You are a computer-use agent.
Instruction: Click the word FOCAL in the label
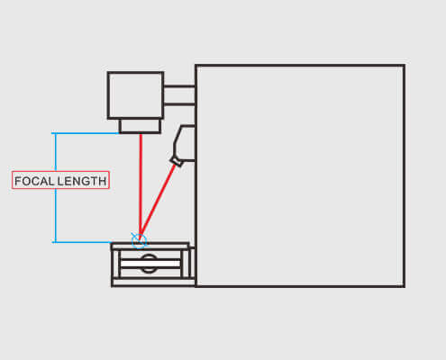coord(34,181)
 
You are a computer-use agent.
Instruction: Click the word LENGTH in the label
coord(82,181)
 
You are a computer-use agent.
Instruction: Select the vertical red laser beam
coord(141,185)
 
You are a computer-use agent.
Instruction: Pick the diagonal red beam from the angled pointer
coord(158,202)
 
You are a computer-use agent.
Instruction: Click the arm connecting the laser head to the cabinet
coord(179,95)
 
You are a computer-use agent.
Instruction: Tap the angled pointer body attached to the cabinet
coord(183,142)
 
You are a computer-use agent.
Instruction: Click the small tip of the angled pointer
coord(177,161)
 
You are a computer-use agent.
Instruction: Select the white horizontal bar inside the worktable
coord(150,264)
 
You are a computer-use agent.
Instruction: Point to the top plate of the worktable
coord(150,247)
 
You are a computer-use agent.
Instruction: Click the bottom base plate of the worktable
coord(153,283)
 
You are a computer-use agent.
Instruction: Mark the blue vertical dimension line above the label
coord(56,152)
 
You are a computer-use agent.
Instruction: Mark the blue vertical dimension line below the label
coord(56,215)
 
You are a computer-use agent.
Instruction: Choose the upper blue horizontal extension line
coord(86,133)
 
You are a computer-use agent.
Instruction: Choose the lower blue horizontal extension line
coord(82,242)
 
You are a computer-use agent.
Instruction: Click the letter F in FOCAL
coord(18,181)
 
